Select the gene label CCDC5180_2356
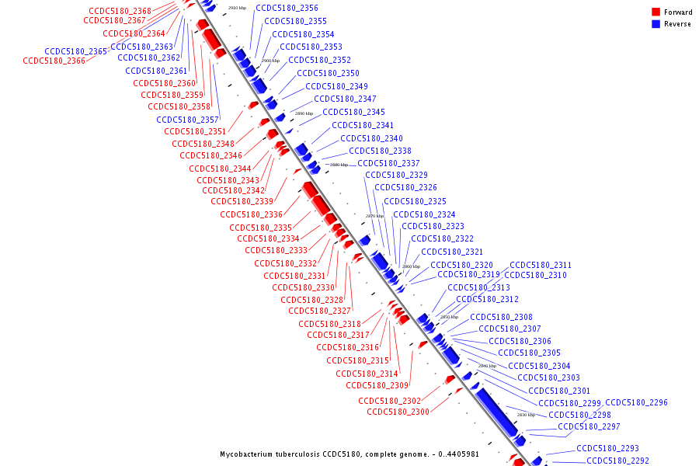point(287,8)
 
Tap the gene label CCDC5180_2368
point(120,11)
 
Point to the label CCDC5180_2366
point(54,61)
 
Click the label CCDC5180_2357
point(187,120)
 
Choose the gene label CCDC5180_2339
point(242,201)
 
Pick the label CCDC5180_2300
point(398,412)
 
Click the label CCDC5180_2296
point(636,402)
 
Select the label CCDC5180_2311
point(541,265)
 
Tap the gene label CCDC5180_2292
point(617,461)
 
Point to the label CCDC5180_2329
point(396,175)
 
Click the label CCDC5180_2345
point(353,112)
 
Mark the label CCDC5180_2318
point(329,324)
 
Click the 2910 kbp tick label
point(238,8)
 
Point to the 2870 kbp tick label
point(374,216)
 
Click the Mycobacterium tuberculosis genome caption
point(360,454)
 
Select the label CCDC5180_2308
point(501,317)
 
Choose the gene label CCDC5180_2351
point(195,131)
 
